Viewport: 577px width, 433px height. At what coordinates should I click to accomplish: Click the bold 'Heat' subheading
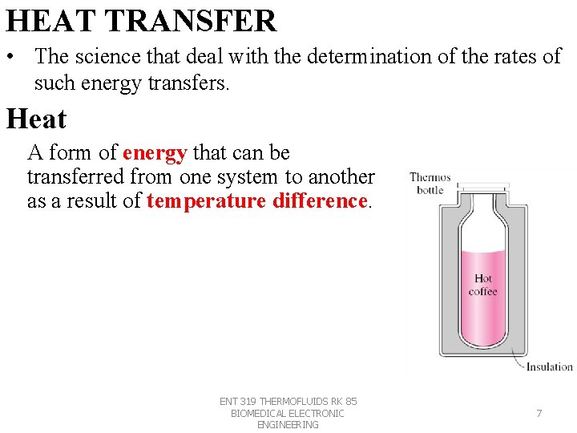pos(36,119)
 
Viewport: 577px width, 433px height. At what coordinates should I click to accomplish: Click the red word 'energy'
pos(155,152)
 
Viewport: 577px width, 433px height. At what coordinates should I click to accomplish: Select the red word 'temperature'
pos(206,200)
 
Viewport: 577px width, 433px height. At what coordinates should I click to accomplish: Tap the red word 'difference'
pos(320,200)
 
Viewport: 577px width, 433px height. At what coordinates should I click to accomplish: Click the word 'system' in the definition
pos(264,176)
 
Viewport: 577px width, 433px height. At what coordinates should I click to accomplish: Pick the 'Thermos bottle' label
pos(430,184)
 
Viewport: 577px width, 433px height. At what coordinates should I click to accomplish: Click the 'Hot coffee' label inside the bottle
pos(483,285)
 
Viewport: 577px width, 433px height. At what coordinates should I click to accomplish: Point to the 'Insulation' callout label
pos(549,367)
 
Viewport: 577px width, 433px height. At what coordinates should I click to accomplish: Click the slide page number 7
pos(539,414)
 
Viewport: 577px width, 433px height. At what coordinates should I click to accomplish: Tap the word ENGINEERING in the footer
pos(288,425)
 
